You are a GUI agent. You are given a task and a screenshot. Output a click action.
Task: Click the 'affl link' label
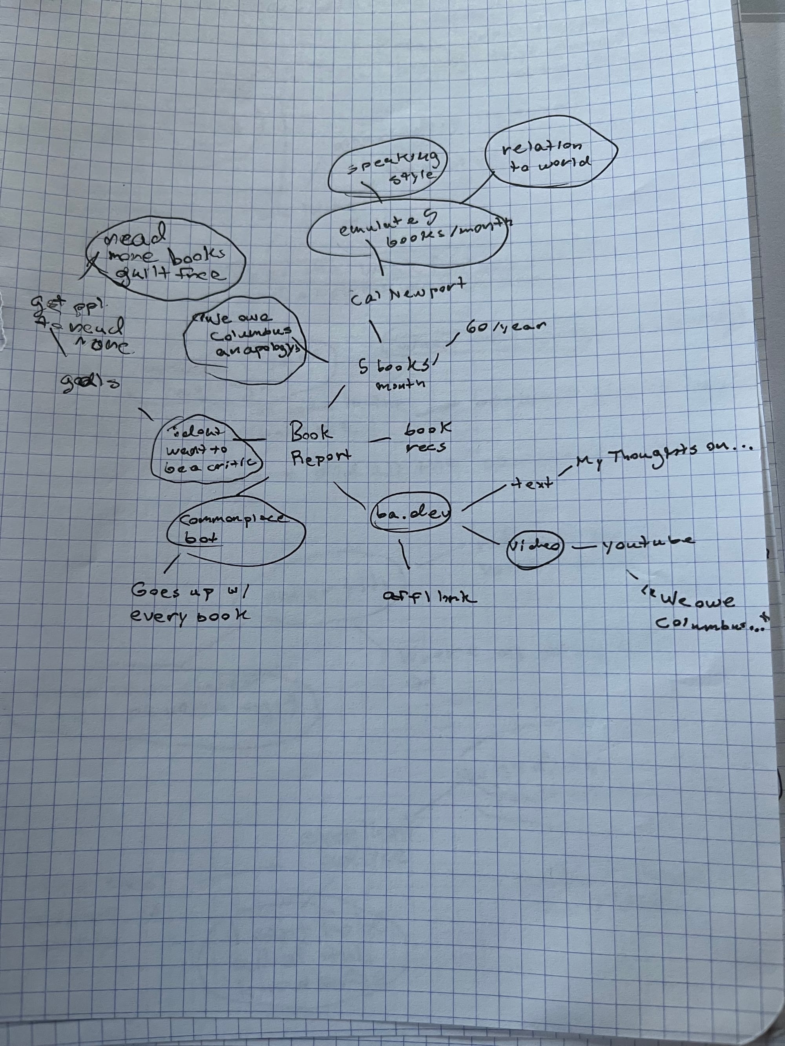coord(429,597)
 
